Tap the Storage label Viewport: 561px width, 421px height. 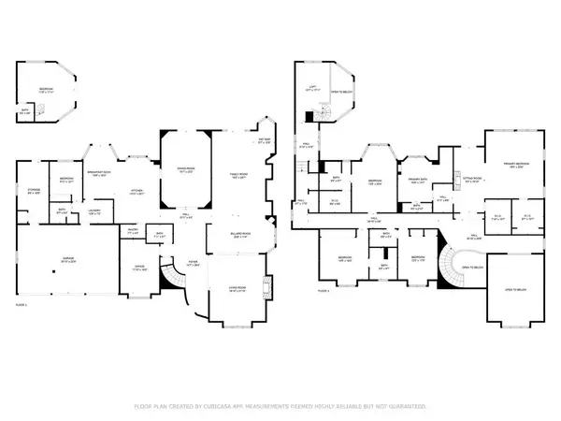[34, 190]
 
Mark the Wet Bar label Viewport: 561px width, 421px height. [264, 141]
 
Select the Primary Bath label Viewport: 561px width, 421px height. [418, 180]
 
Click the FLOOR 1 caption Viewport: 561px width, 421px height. [21, 305]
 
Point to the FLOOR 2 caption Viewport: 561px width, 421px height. [324, 291]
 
